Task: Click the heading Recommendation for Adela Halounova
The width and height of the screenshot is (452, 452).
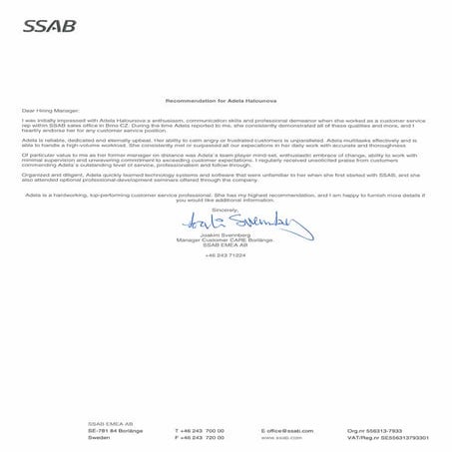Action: [226, 102]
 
